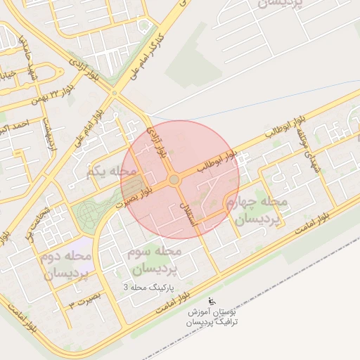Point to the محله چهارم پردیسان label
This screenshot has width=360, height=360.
pos(256,211)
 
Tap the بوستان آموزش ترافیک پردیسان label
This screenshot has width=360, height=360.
pos(214,316)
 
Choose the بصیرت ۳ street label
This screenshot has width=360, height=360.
pos(82,302)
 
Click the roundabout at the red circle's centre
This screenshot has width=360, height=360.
pos(174,180)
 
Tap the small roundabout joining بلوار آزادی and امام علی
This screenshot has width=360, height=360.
pos(115,92)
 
